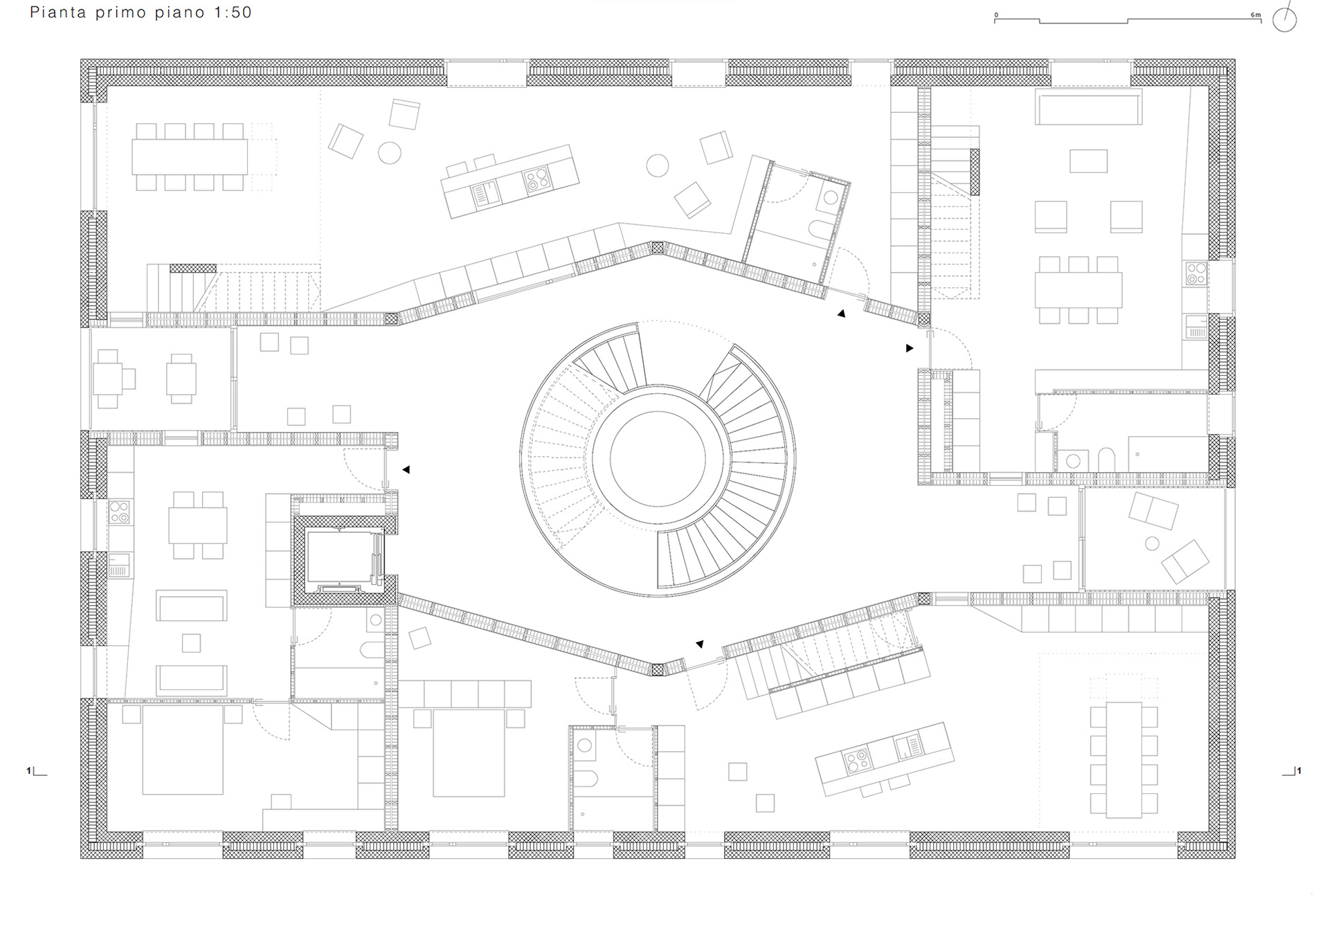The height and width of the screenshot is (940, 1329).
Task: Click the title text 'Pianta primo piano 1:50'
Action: (x=141, y=12)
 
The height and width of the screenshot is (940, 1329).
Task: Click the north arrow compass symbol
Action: (x=1285, y=19)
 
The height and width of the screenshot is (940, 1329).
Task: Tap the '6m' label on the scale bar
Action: (x=1255, y=15)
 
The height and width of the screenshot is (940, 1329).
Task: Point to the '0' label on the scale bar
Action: (x=996, y=15)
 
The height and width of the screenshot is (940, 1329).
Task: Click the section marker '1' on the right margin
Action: (x=1299, y=770)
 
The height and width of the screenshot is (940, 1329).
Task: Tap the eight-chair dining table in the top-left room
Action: (x=190, y=157)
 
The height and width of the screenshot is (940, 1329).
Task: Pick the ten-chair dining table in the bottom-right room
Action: (x=1123, y=759)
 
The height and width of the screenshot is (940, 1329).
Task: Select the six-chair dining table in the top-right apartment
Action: (x=1078, y=290)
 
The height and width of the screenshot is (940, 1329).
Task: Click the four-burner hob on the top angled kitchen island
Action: (x=536, y=179)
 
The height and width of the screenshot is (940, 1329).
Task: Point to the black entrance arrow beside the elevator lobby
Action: (x=406, y=469)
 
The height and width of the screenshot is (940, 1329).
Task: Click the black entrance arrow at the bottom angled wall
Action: (x=700, y=644)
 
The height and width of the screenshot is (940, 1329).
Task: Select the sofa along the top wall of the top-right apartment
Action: (x=1088, y=107)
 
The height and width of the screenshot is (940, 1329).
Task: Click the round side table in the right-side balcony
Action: (x=1152, y=543)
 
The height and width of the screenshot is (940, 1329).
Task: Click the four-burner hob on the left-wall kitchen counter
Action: (x=119, y=512)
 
